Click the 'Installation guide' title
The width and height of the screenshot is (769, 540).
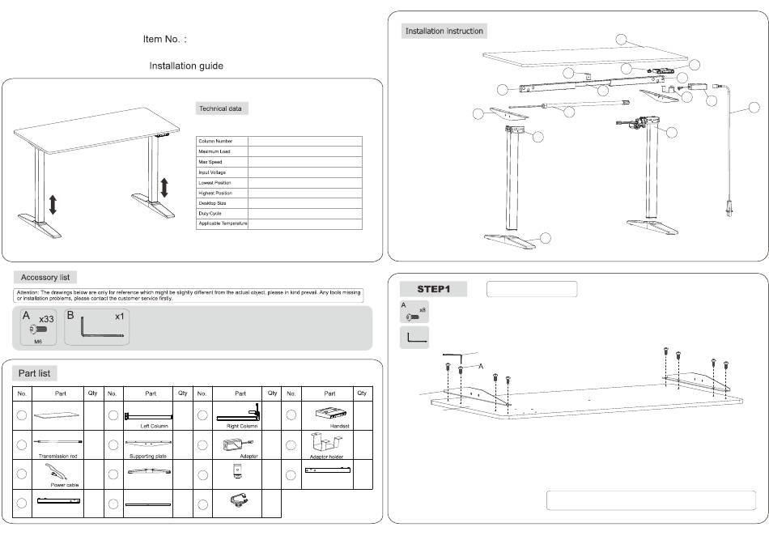coord(186,66)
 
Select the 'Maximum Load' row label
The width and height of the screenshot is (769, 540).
coord(215,151)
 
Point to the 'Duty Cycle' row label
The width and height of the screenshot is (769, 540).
coord(210,213)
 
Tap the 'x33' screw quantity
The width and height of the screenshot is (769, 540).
coord(46,320)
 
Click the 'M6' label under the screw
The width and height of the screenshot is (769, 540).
coord(37,341)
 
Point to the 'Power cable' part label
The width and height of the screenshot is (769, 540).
coord(63,485)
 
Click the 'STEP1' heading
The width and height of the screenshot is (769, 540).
coord(433,289)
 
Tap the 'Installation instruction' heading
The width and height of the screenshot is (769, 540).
coord(444,32)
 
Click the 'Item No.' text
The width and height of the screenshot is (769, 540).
coord(165,39)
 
